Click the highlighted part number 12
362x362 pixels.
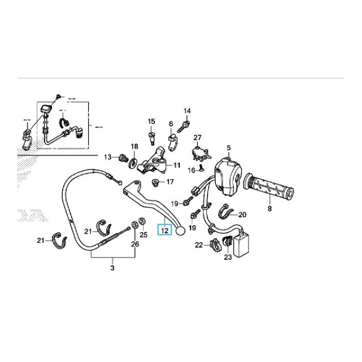tap(164, 230)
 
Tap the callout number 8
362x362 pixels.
tap(270, 209)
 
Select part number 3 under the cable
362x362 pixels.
tap(112, 267)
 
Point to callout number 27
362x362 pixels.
tap(197, 138)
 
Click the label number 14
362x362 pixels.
tap(187, 111)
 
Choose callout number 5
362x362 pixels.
tap(229, 148)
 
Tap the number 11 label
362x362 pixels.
tap(177, 165)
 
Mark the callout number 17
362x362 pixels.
tap(170, 182)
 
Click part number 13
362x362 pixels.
tap(107, 157)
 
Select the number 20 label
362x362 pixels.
tap(243, 214)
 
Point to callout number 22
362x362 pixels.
tap(198, 244)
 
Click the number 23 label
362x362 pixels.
tap(227, 258)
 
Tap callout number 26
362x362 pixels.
tap(135, 244)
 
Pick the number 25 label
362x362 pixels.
tap(143, 234)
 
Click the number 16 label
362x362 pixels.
tap(191, 171)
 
